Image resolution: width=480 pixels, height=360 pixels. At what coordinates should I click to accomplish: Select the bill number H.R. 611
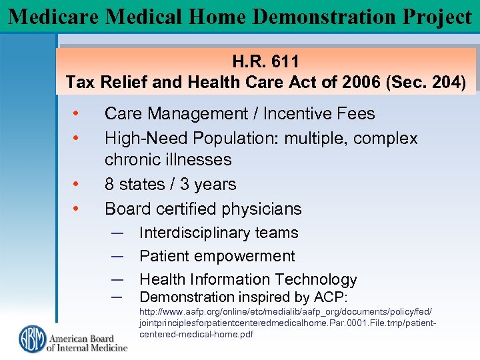coord(265,62)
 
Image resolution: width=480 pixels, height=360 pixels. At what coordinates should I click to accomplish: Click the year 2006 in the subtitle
coord(357,83)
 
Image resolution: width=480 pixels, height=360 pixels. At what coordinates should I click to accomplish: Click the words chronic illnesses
coord(168,160)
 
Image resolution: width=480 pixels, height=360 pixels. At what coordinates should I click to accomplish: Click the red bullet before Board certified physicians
coord(77,209)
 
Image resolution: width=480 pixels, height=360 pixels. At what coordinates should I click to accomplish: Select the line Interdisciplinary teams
coord(218,233)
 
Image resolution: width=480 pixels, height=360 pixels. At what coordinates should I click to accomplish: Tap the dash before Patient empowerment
coord(117,256)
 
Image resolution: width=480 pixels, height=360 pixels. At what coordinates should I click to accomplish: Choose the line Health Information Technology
coord(248,280)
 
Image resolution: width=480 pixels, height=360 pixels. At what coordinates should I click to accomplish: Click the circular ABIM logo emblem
coord(31,339)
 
